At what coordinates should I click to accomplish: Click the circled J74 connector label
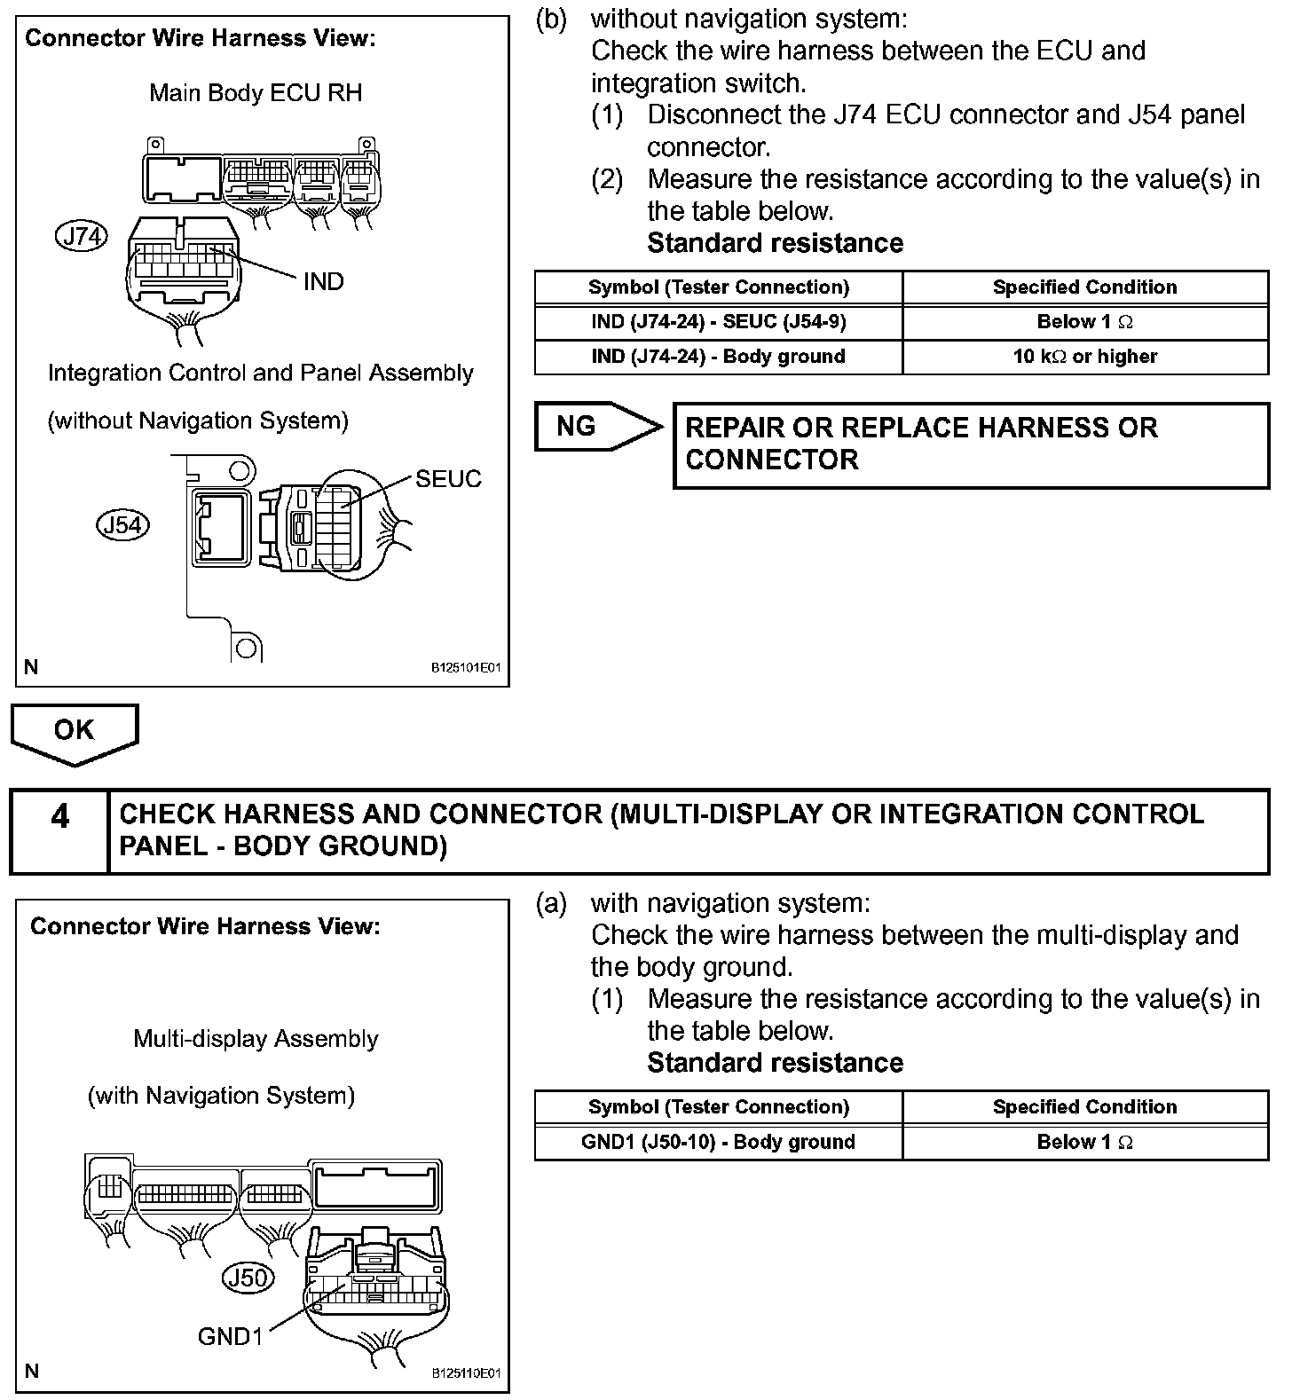pos(81,236)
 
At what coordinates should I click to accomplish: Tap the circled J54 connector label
pos(122,525)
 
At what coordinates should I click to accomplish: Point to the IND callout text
pos(323,282)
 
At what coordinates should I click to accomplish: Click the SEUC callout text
pos(448,479)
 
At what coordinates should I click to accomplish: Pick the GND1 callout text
pos(231,1336)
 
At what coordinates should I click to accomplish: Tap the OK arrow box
pos(75,731)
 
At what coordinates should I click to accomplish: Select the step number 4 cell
pos(59,830)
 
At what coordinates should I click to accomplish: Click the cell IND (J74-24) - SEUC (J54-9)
pos(718,322)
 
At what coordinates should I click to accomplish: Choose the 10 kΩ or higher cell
pos(1084,357)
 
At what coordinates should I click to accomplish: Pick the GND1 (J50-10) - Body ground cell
pos(718,1142)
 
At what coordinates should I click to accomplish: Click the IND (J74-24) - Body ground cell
pos(718,357)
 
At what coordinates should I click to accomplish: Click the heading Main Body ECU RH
pos(256,93)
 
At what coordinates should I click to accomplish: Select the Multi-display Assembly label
pos(256,1039)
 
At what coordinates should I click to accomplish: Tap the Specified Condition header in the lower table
pos(1084,1107)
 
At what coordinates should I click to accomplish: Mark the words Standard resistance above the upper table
pos(775,243)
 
